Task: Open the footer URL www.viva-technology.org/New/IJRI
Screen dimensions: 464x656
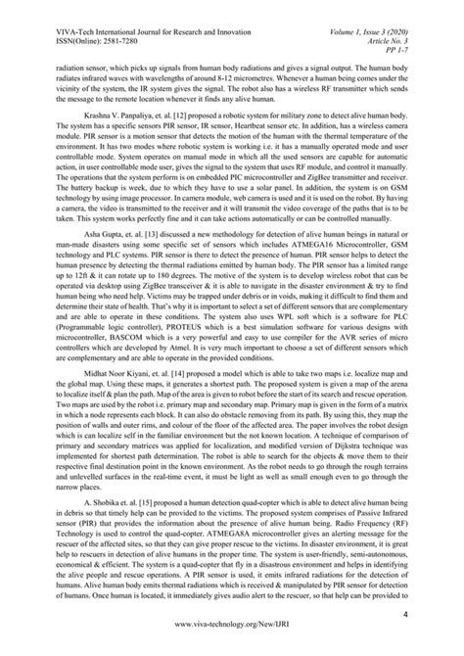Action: click(232, 634)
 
